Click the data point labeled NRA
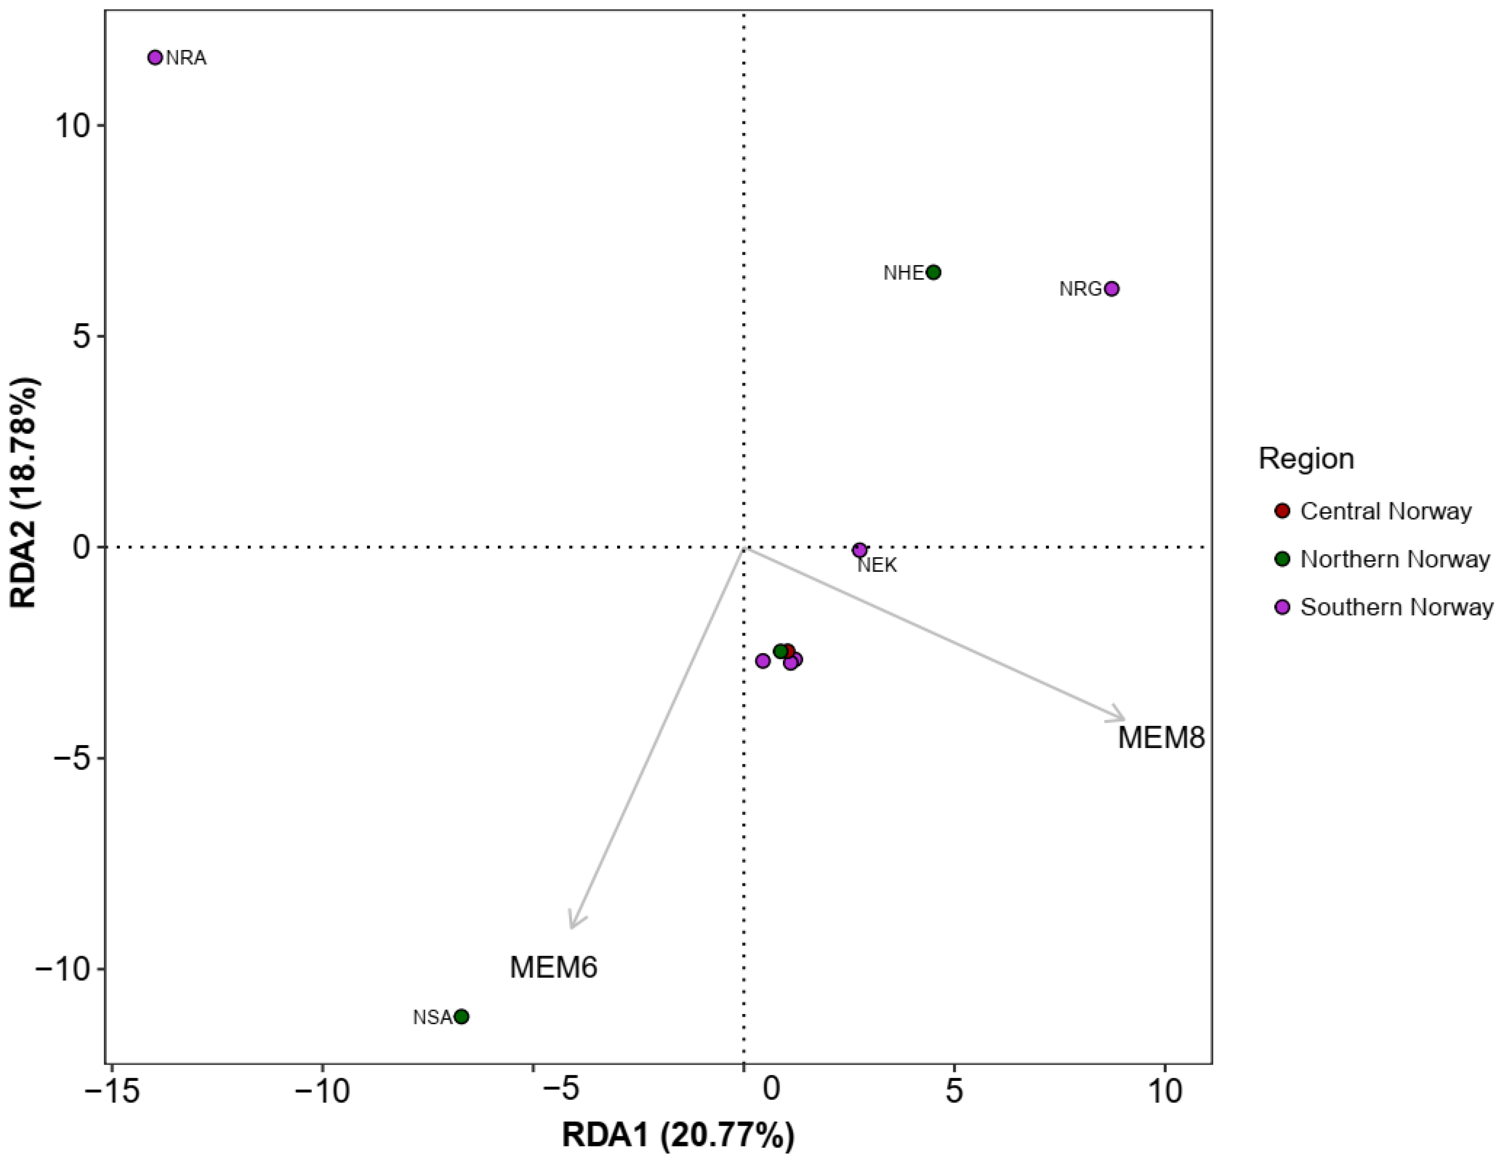click(155, 58)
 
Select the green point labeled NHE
click(934, 272)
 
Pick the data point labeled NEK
click(859, 550)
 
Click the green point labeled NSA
click(462, 1017)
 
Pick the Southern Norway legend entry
click(1396, 607)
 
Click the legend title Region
click(1306, 459)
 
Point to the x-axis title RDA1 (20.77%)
click(678, 1135)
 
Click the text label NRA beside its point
click(186, 58)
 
